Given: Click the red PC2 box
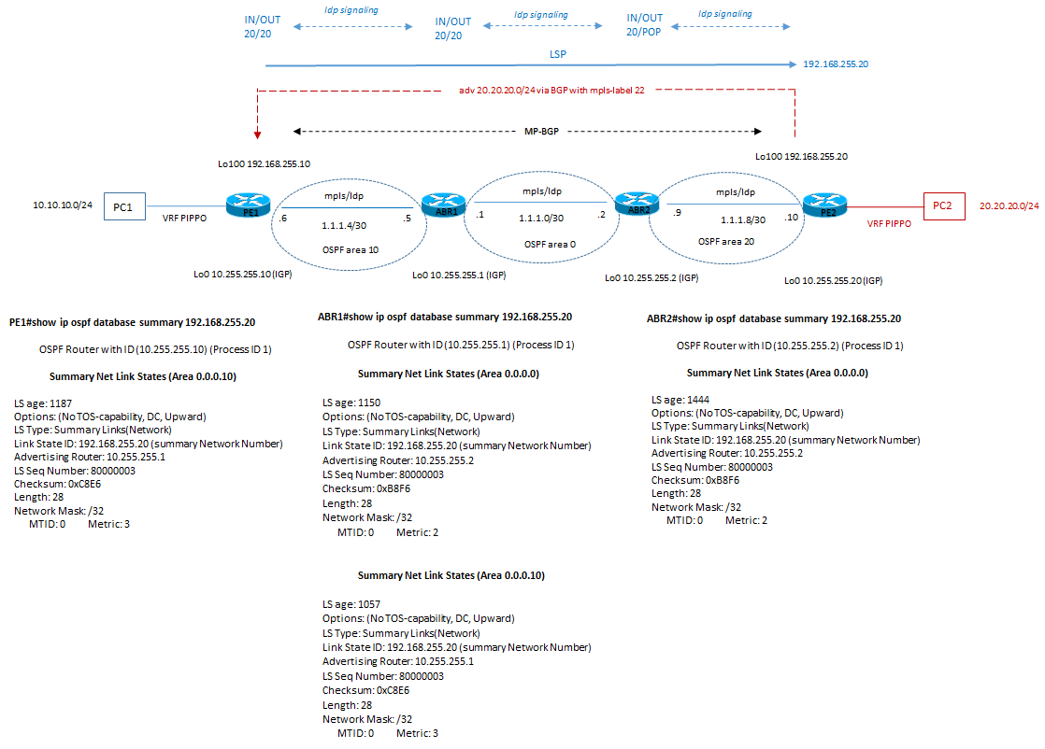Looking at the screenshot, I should (x=942, y=205).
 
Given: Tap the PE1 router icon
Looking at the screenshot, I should (x=248, y=205).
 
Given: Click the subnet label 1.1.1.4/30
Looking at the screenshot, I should (x=345, y=226).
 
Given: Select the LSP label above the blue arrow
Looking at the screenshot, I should (x=557, y=55).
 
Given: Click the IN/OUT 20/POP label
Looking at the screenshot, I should (x=644, y=24).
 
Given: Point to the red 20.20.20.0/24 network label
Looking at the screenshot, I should (x=1009, y=205).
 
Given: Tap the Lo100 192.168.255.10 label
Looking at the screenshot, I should (x=265, y=163).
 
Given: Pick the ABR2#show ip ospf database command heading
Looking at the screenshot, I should (x=774, y=318).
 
